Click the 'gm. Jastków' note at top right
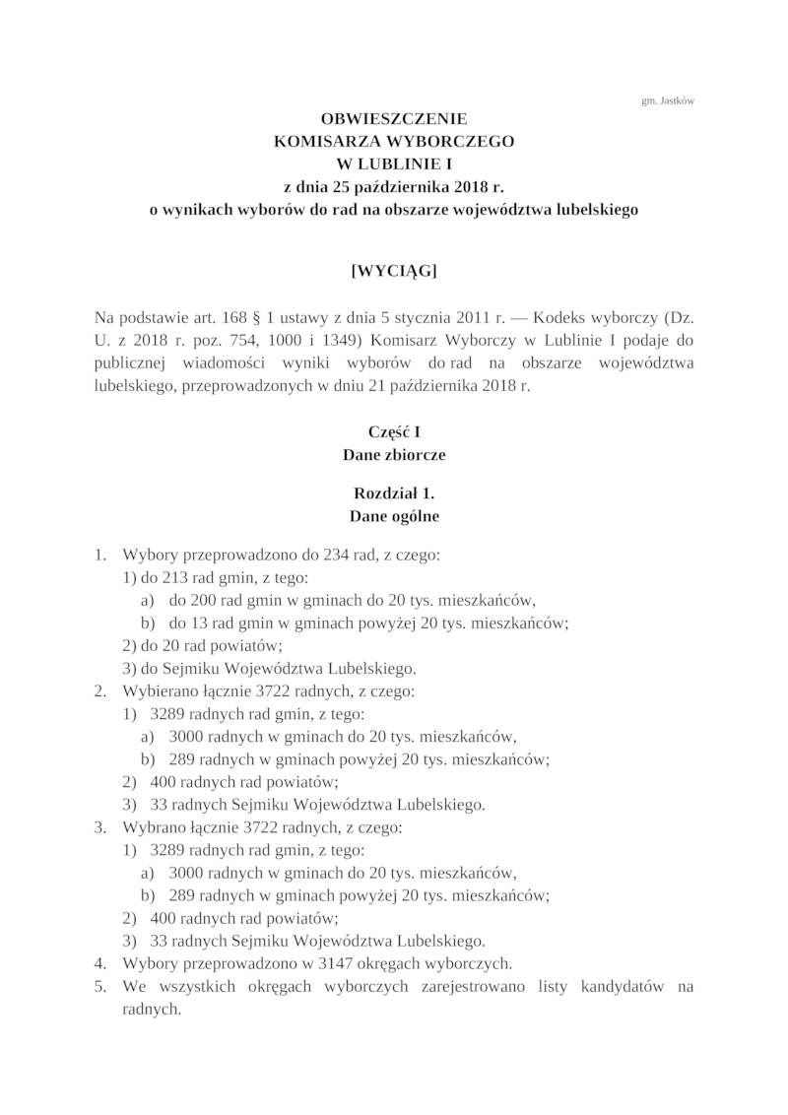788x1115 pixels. point(667,99)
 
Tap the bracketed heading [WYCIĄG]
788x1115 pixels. point(394,272)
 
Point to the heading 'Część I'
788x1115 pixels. point(394,431)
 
